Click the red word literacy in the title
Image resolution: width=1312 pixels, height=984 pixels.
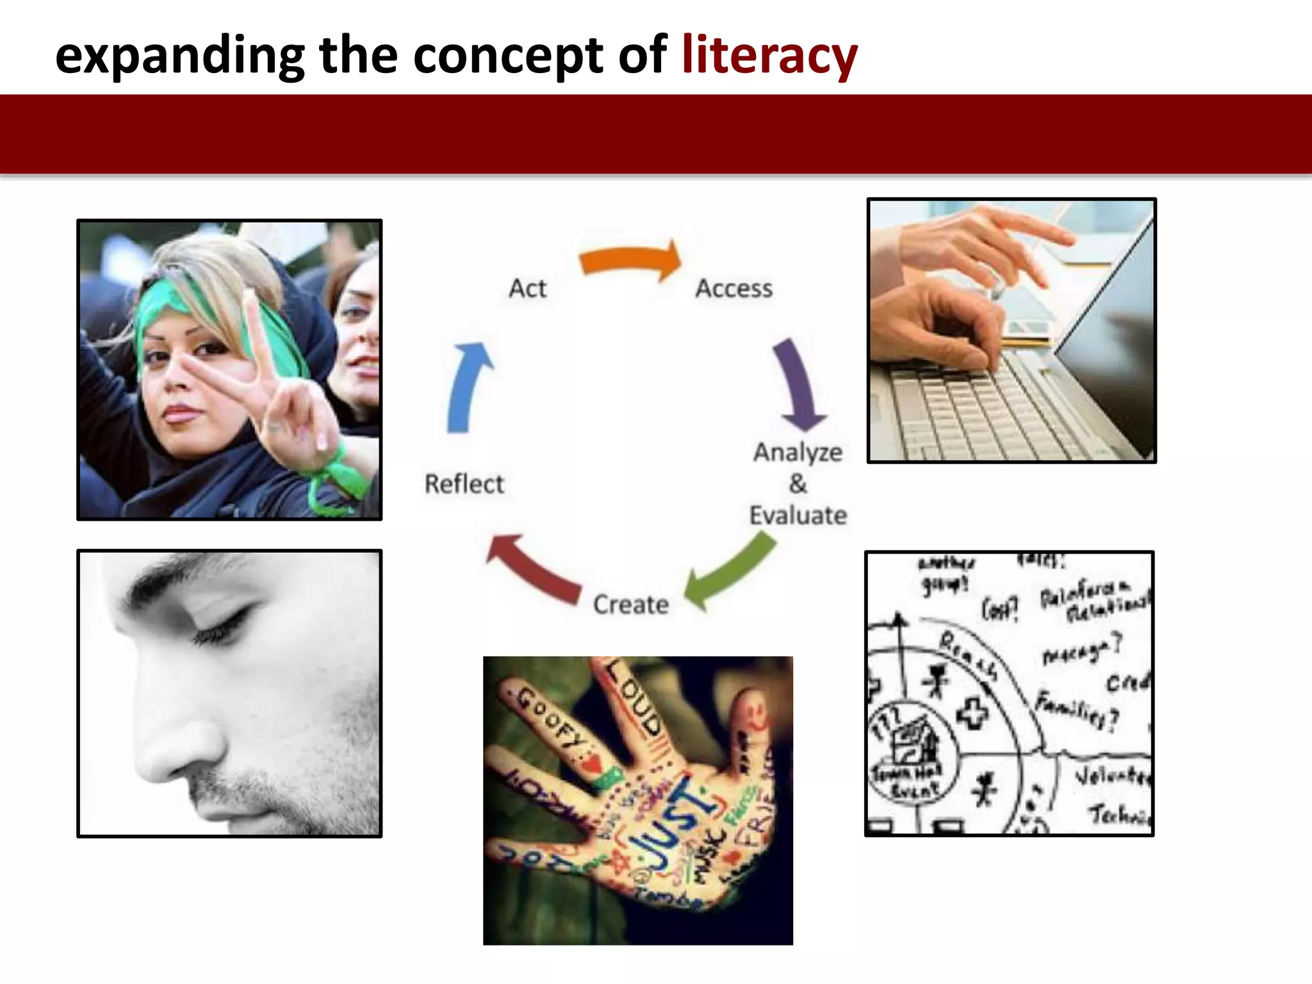[x=769, y=56]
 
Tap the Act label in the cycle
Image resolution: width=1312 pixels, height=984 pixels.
[x=527, y=289]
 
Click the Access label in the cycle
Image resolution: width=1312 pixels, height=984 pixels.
[x=734, y=289]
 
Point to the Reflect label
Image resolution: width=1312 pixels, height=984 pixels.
[x=464, y=484]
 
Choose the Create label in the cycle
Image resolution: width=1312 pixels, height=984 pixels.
[x=631, y=605]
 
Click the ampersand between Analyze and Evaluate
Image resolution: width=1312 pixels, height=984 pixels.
[x=798, y=484]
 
